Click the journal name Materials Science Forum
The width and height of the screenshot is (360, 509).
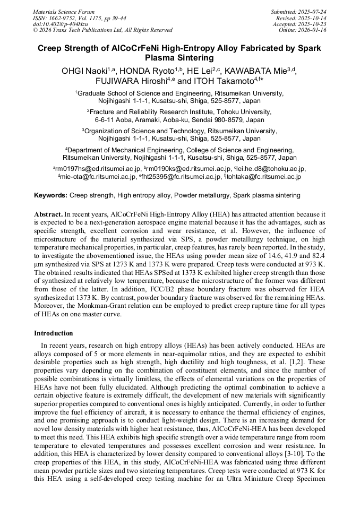(x=64, y=12)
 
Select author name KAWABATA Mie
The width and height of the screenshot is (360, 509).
(x=256, y=71)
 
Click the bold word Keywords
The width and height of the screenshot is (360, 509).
(x=50, y=195)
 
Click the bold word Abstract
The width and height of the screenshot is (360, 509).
(x=48, y=214)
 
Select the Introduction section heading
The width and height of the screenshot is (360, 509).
(x=54, y=333)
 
